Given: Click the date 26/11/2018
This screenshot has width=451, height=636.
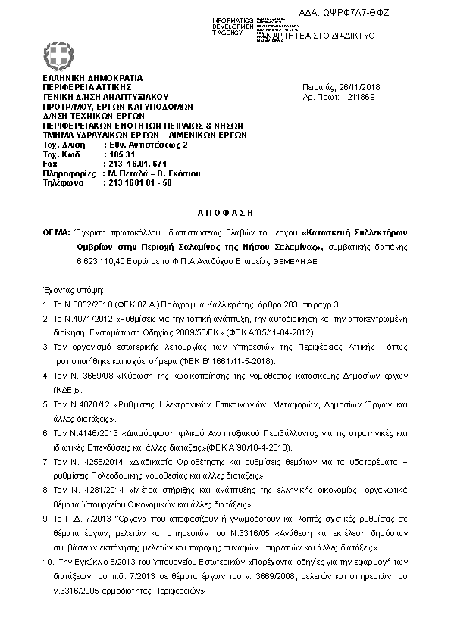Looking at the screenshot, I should (x=360, y=87).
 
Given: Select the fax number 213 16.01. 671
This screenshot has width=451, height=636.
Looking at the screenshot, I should (x=135, y=164).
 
